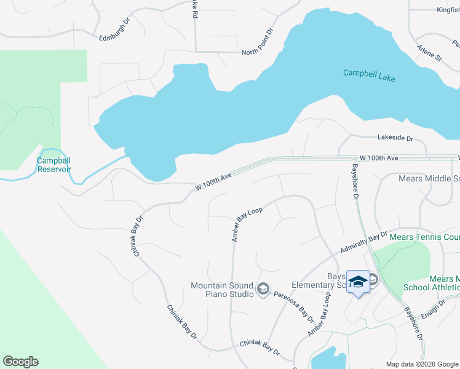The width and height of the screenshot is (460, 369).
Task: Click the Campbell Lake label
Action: pyautogui.click(x=369, y=76)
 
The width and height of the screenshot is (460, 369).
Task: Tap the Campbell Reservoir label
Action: pyautogui.click(x=54, y=165)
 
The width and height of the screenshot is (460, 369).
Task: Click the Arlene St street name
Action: pyautogui.click(x=429, y=53)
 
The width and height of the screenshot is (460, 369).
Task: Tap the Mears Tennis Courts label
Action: pyautogui.click(x=425, y=237)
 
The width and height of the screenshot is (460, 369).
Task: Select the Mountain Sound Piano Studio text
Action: pyautogui.click(x=222, y=290)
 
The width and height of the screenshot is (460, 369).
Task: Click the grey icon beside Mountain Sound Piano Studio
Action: pyautogui.click(x=263, y=288)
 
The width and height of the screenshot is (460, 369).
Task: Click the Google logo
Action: pyautogui.click(x=20, y=362)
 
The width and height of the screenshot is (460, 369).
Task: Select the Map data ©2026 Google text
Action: pyautogui.click(x=422, y=364)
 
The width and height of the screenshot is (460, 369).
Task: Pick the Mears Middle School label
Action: pyautogui.click(x=429, y=179)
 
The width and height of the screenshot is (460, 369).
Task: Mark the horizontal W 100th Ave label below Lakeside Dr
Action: pyautogui.click(x=379, y=158)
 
